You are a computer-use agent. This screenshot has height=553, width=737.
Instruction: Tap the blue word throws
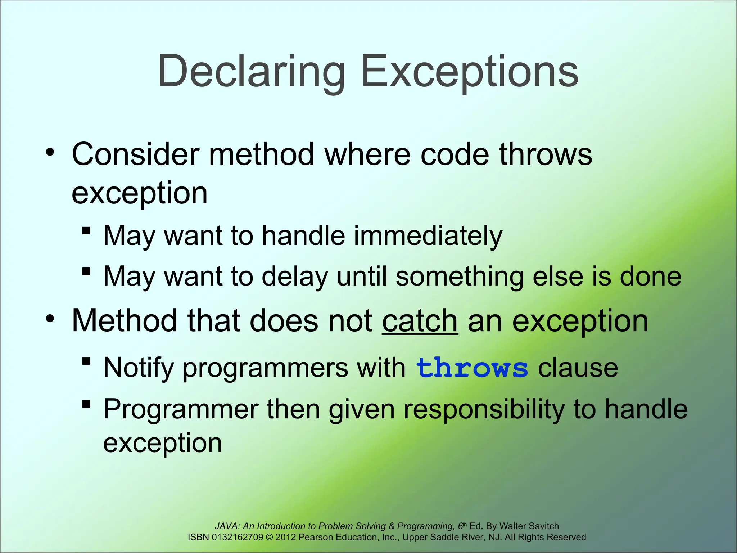[x=472, y=368]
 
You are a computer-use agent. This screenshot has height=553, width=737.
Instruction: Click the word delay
[x=295, y=276]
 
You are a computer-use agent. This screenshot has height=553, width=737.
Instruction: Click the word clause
[x=578, y=368]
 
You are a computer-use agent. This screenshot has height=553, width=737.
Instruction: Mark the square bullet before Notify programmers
[x=86, y=361]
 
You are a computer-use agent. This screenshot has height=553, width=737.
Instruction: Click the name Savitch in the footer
[x=544, y=526]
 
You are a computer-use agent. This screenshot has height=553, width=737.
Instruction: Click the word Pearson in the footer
[x=316, y=538]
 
